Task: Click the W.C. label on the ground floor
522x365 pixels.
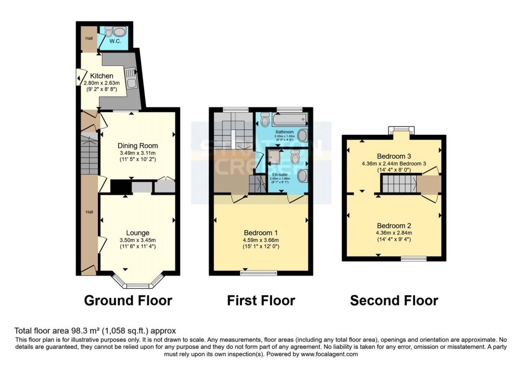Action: [115, 41]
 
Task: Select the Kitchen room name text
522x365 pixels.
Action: [102, 76]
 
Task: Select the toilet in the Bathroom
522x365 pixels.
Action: [264, 120]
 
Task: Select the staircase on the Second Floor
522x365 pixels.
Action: [399, 184]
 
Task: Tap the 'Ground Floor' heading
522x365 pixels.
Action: [128, 300]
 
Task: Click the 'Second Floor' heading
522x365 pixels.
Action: [394, 300]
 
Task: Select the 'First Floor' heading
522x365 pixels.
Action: [261, 300]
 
